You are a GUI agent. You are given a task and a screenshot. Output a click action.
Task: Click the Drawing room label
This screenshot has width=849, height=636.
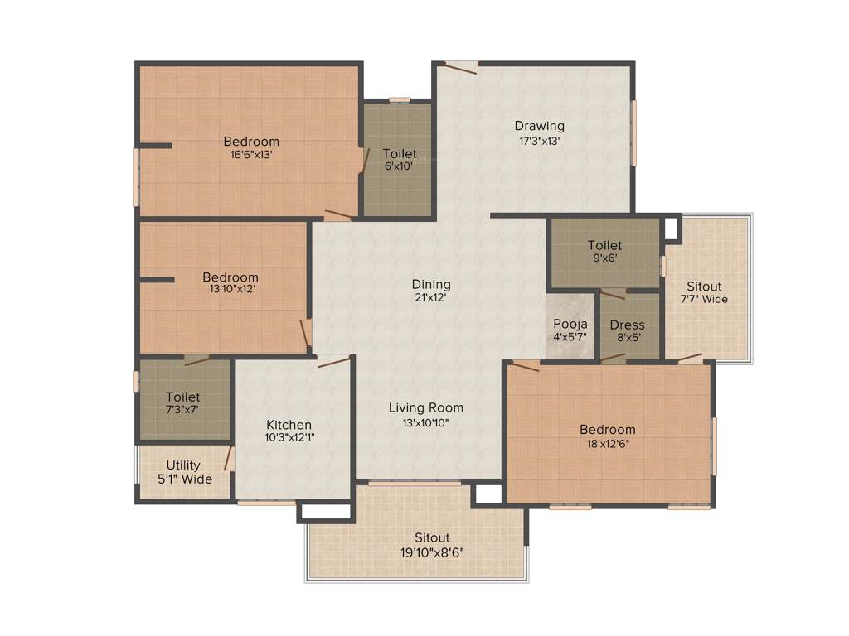[x=539, y=126]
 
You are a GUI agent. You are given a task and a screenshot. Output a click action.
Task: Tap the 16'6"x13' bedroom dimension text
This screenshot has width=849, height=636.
[x=251, y=154]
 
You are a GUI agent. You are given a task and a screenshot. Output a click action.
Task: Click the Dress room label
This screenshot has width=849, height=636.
[x=627, y=325]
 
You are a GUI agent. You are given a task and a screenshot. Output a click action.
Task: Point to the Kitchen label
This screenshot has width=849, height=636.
[x=289, y=425]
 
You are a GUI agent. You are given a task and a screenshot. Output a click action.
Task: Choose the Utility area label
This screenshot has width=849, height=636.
[x=182, y=465]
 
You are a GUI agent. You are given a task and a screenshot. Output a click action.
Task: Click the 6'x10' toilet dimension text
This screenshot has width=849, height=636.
[x=399, y=166]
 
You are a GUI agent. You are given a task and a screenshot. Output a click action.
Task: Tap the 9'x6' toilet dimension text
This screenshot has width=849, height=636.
[x=604, y=258]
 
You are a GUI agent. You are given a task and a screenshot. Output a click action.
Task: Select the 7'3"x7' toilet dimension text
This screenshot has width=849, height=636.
[x=182, y=409]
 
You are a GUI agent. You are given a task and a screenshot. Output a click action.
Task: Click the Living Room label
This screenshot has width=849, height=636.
[x=426, y=407]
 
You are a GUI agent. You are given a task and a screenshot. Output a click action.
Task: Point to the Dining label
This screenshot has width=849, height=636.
[x=431, y=284]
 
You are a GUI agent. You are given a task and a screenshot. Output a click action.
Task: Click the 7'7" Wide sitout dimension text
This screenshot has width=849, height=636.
[x=704, y=299]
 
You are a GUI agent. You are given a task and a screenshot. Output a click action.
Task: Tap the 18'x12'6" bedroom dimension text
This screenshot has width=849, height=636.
[x=607, y=442]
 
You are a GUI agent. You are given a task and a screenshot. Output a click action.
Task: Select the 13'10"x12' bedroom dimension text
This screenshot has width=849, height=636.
[x=230, y=290]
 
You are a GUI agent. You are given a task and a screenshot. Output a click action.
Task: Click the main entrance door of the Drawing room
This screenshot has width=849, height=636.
[x=460, y=67]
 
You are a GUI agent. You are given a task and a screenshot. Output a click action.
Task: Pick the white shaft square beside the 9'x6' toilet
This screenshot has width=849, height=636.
[x=670, y=228]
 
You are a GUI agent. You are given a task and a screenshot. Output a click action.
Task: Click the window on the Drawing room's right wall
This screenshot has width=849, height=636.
[x=634, y=132]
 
